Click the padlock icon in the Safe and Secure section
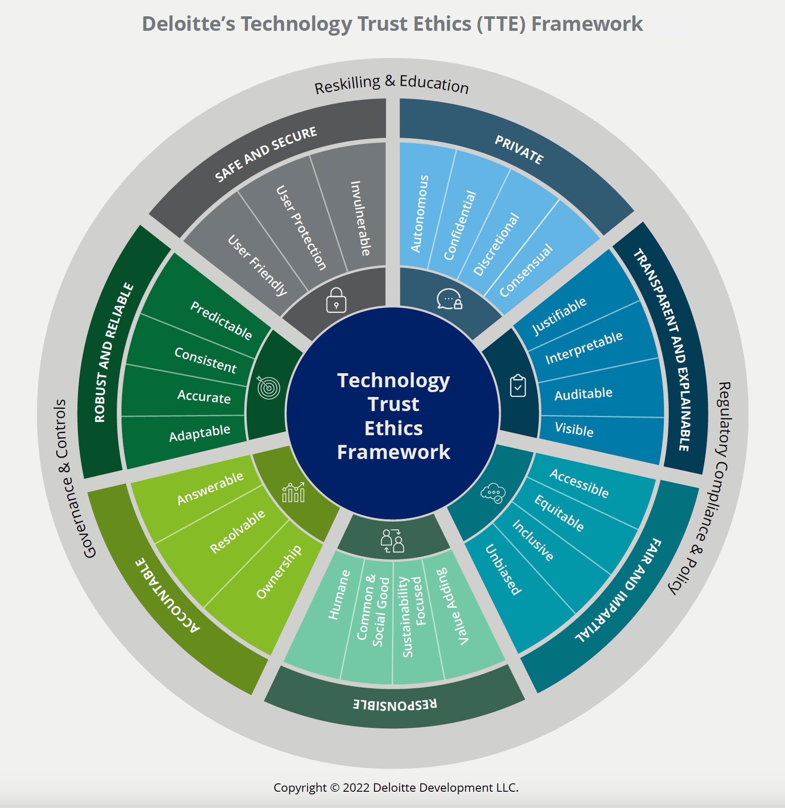click(336, 300)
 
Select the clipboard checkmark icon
click(518, 386)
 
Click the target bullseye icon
click(268, 387)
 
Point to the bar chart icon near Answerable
click(293, 492)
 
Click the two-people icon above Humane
click(392, 541)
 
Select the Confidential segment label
click(460, 225)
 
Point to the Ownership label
click(279, 572)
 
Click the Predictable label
click(221, 321)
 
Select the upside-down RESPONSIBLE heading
click(395, 704)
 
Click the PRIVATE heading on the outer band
click(519, 150)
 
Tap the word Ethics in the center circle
click(393, 428)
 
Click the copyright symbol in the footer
click(335, 787)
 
